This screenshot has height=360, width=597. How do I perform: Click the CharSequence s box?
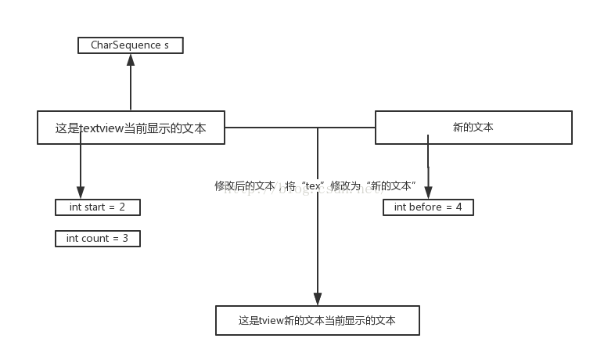click(131, 45)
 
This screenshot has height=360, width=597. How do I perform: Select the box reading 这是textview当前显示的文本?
click(131, 128)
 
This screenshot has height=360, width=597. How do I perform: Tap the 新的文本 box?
click(473, 128)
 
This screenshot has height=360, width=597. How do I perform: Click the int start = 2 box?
click(98, 207)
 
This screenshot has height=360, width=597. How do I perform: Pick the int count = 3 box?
click(98, 238)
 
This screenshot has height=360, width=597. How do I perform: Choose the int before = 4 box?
click(428, 207)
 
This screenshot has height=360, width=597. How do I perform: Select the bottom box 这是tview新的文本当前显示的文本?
click(318, 321)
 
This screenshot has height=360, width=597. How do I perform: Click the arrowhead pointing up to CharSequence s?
click(131, 59)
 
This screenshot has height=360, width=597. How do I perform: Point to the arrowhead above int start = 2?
click(80, 193)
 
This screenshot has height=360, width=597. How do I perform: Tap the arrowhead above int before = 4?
click(428, 193)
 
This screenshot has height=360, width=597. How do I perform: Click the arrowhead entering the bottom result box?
click(318, 298)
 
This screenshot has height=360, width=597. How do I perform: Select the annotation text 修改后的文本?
click(245, 186)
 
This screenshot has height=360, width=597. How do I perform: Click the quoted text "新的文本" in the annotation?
click(391, 186)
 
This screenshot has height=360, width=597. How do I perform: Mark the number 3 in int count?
click(125, 238)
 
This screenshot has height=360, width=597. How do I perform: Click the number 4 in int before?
click(459, 207)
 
